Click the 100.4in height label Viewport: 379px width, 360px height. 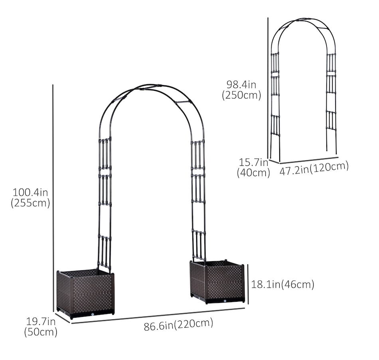30,193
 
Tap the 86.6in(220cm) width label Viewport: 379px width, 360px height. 179,324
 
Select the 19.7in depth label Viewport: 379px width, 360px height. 41,322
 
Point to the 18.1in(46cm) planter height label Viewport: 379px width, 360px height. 283,284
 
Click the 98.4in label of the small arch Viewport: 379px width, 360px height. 241,85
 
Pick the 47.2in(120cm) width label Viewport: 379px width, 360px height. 314,168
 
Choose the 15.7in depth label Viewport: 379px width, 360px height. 254,162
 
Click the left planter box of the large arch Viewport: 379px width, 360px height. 85,293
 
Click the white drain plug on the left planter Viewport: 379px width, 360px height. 93,314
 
